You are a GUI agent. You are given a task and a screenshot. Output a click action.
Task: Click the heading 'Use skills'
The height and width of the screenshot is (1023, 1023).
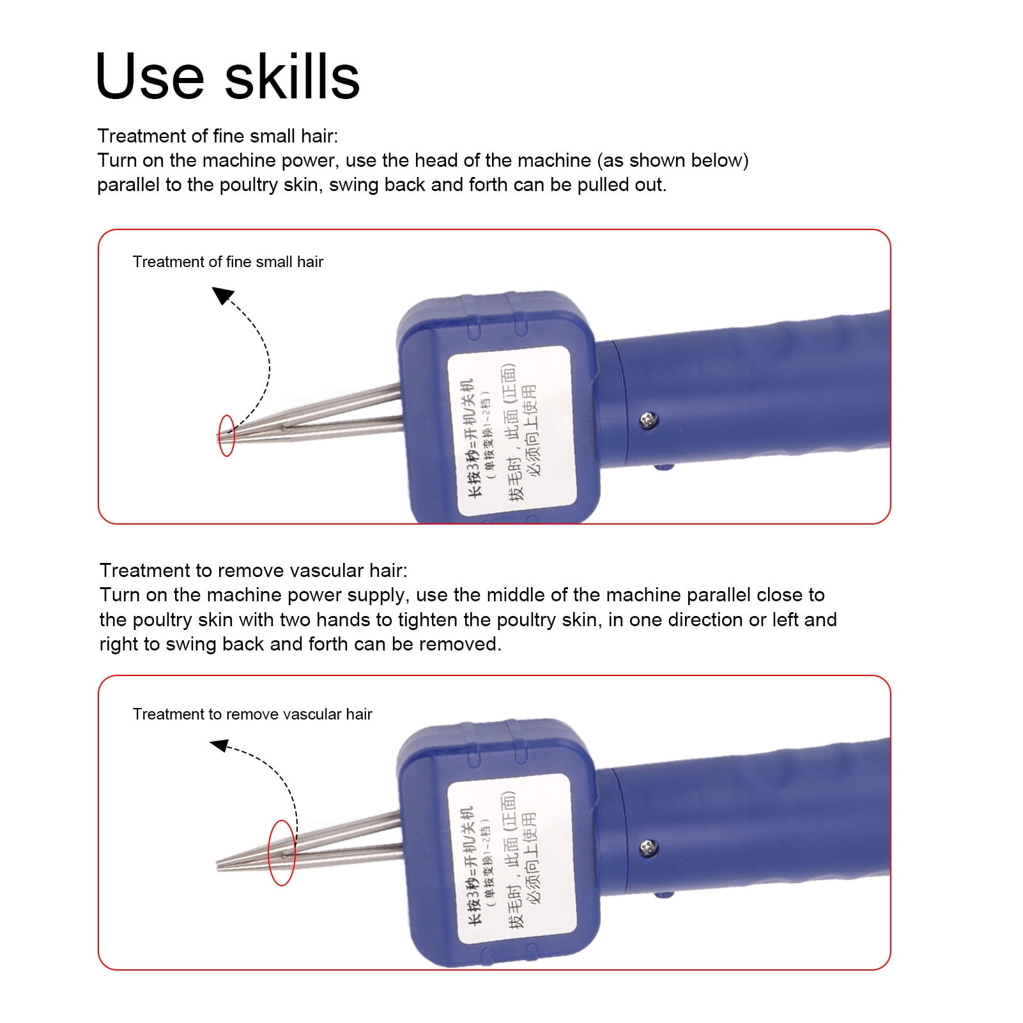[227, 77]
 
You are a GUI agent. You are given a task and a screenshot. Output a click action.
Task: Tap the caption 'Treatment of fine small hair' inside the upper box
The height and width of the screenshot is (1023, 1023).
[227, 262]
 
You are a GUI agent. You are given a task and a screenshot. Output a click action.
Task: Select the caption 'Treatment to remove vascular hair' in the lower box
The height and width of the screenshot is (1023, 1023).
[252, 714]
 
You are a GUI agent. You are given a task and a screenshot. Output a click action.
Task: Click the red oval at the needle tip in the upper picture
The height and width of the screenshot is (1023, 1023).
[226, 436]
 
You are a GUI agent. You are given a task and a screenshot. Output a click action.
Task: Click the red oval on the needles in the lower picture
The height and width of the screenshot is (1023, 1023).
[282, 852]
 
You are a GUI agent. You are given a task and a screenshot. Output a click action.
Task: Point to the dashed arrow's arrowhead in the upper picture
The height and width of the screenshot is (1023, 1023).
[222, 295]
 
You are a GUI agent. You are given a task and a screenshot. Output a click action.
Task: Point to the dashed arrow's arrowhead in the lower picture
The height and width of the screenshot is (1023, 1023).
[219, 745]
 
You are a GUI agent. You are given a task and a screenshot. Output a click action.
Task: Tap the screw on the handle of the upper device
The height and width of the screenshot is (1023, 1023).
[649, 419]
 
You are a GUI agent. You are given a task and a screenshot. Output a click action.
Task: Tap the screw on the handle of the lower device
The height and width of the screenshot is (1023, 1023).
[649, 847]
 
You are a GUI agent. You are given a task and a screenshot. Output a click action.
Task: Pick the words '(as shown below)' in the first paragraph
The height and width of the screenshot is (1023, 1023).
[673, 160]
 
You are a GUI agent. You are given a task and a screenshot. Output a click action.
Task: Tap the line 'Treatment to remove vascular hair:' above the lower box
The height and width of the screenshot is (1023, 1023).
[253, 571]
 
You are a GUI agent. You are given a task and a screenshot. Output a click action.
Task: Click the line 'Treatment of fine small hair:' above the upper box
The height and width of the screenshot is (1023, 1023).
[217, 136]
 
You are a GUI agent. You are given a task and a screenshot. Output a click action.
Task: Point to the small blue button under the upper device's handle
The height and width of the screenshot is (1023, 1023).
[665, 467]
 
